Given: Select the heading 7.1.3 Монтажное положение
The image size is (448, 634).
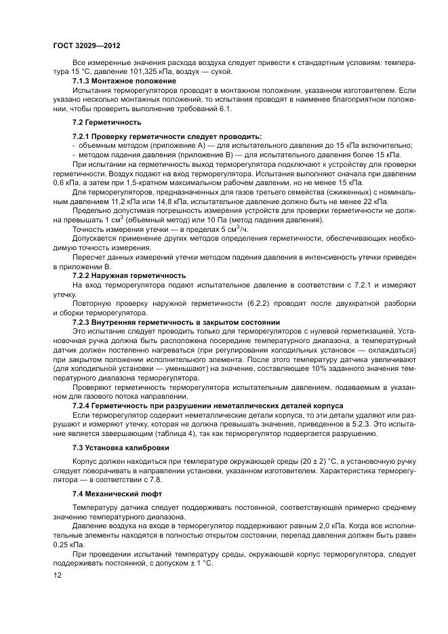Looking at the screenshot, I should click(x=117, y=81).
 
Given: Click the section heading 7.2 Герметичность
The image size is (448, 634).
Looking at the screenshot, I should click(x=97, y=122).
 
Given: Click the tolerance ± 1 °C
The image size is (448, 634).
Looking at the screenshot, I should click(x=199, y=563).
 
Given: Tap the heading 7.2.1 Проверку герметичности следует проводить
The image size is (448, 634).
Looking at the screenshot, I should click(x=157, y=136).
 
